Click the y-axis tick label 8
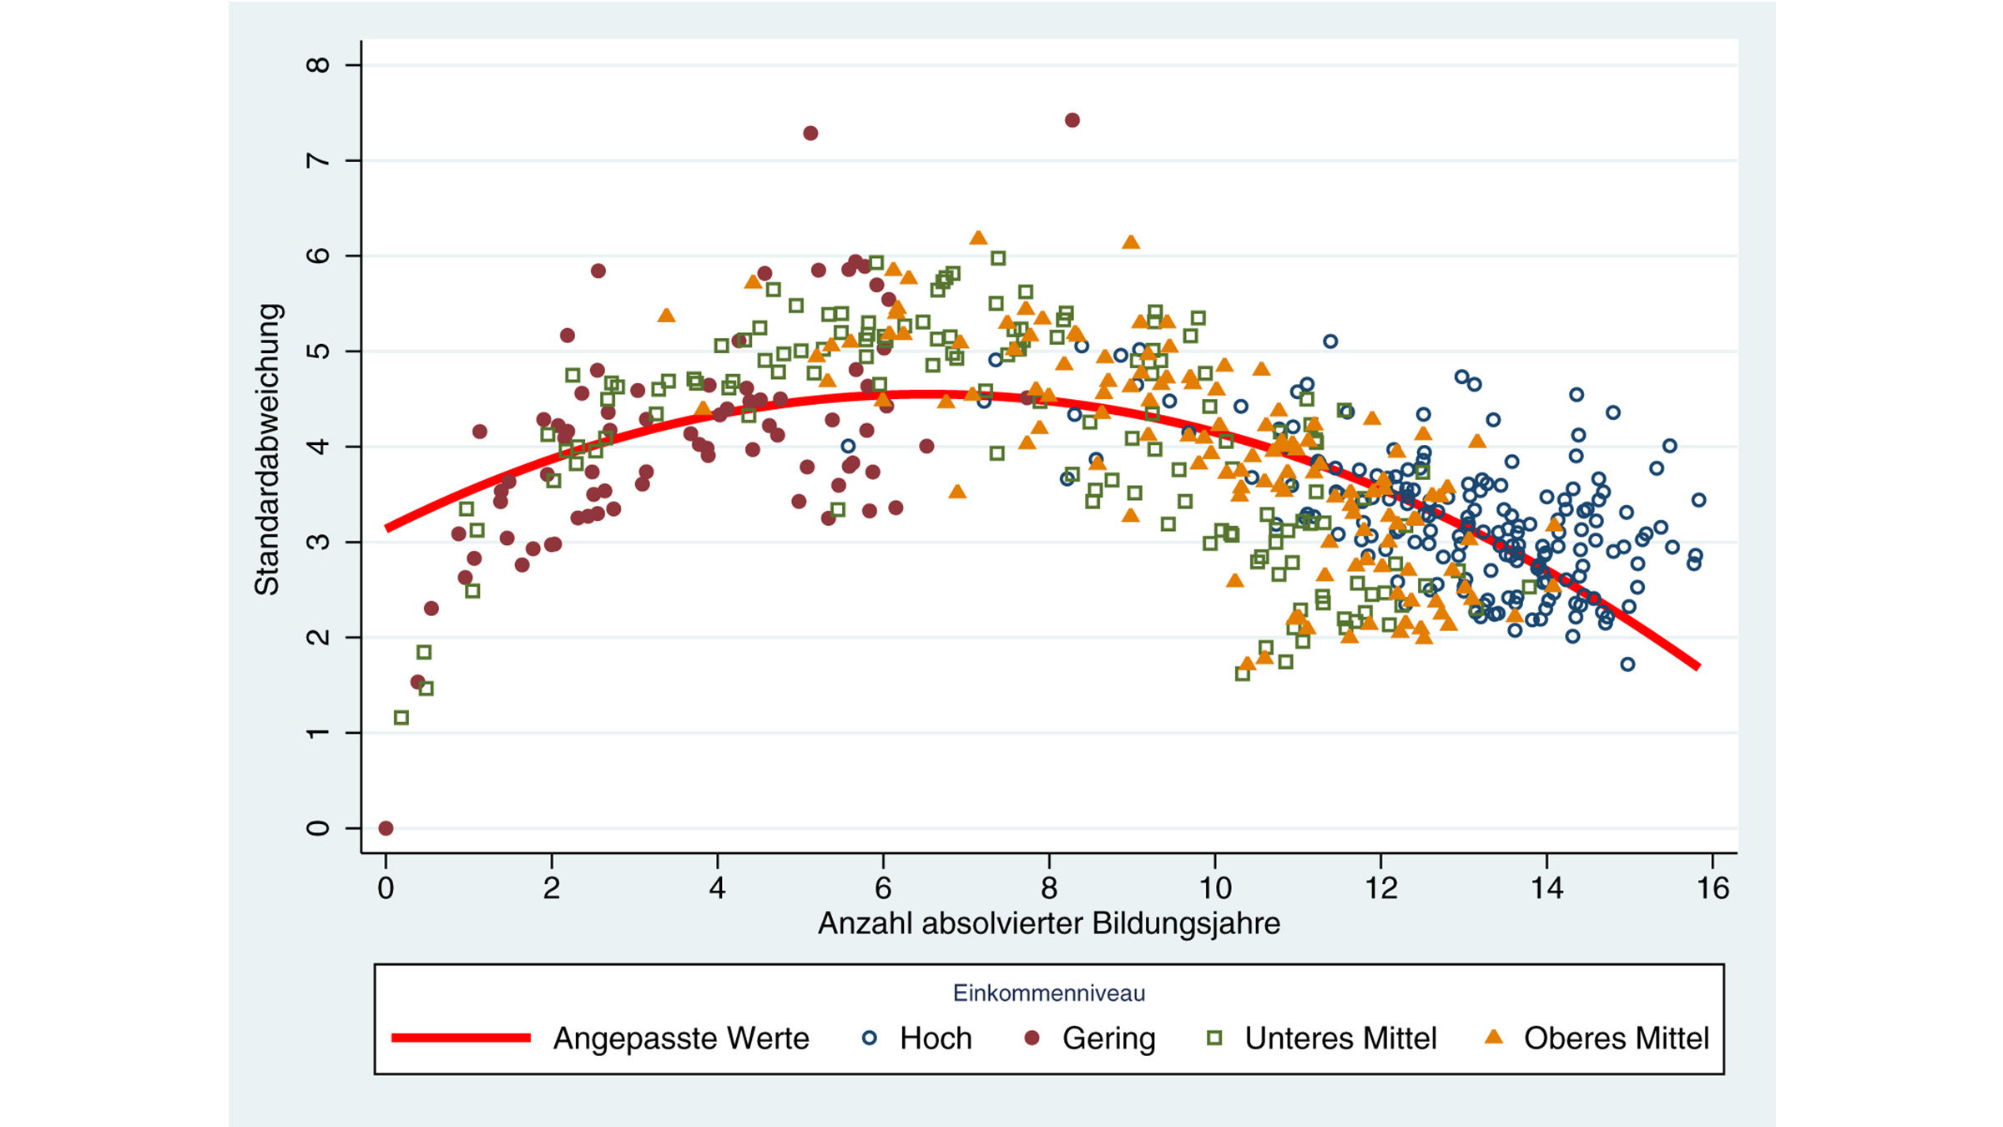pos(318,64)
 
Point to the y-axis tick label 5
pos(318,351)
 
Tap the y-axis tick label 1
pos(318,733)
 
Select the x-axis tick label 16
pos(1713,888)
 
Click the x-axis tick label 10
pos(1215,888)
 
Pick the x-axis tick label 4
pos(717,888)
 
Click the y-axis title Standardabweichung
pos(267,449)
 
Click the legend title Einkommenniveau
pos(1049,993)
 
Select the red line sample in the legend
pos(461,1038)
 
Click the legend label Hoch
pos(935,1039)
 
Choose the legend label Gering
pos(1108,1039)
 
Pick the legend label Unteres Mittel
pos(1340,1039)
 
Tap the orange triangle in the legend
pos(1494,1038)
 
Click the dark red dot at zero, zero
pos(386,828)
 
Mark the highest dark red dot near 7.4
pos(1072,120)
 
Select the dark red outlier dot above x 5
pos(810,134)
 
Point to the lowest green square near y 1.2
pos(401,718)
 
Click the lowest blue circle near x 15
pos(1627,665)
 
